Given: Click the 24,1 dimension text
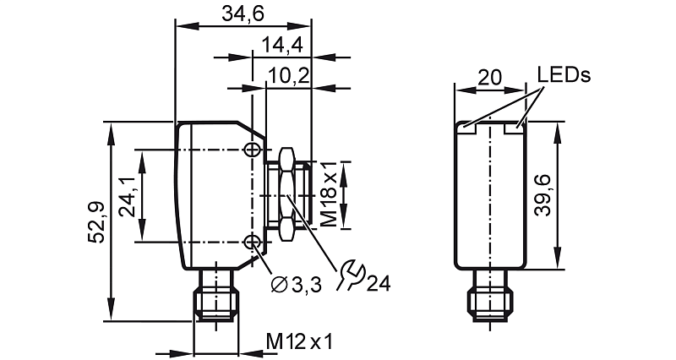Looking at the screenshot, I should (128, 197).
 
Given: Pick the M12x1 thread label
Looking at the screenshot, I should (300, 341).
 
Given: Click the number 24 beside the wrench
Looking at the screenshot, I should (378, 283).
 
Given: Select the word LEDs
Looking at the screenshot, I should (564, 75).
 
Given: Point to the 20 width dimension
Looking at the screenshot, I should (489, 77).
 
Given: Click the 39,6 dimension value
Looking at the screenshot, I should (542, 195).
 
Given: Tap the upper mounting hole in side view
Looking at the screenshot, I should (251, 150).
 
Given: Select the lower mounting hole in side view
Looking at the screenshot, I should (251, 243).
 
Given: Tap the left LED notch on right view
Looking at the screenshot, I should (467, 129).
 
